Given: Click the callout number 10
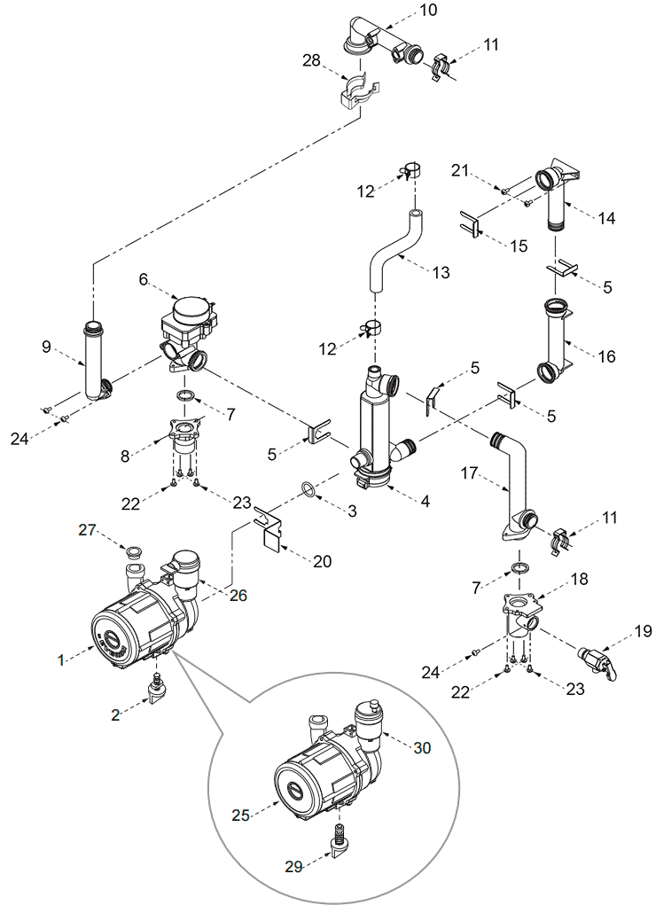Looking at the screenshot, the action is tap(428, 10).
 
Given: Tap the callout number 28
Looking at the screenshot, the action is tap(311, 59).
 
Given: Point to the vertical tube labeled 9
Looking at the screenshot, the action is tap(95, 361).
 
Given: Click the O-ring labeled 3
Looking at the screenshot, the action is tap(310, 489).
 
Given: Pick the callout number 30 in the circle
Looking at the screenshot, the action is tap(422, 747).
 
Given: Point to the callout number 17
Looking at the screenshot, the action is tap(469, 473).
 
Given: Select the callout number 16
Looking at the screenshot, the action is tap(606, 355).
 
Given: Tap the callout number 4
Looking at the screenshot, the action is tap(425, 501).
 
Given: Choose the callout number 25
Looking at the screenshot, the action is tap(241, 815).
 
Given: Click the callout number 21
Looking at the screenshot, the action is tap(460, 170).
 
